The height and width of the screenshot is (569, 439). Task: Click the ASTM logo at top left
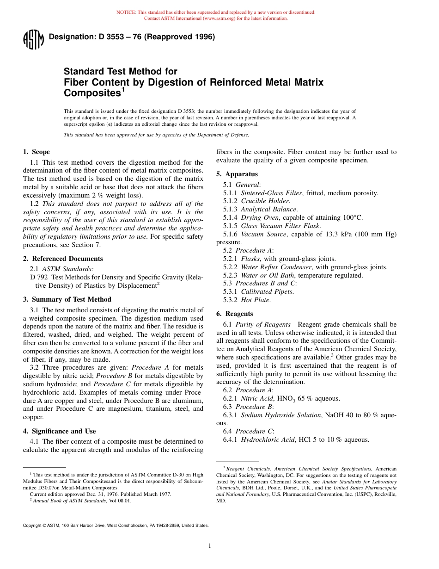(x=33, y=39)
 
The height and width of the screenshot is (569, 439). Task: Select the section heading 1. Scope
(x=37, y=152)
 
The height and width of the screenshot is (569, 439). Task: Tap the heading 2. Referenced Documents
(x=63, y=259)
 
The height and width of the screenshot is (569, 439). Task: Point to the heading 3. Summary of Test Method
(x=67, y=299)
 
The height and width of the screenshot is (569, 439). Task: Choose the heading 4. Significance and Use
(x=60, y=431)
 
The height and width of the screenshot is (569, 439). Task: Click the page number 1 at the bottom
(x=209, y=546)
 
